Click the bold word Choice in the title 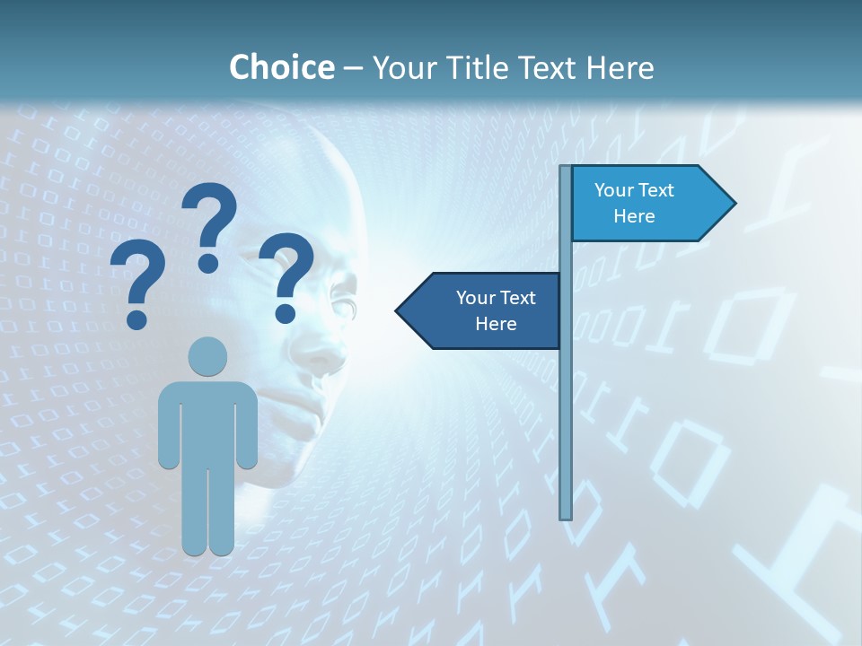[x=281, y=67]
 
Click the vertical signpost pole [x=566, y=404]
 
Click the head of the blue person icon [x=207, y=356]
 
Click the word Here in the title [x=620, y=67]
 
